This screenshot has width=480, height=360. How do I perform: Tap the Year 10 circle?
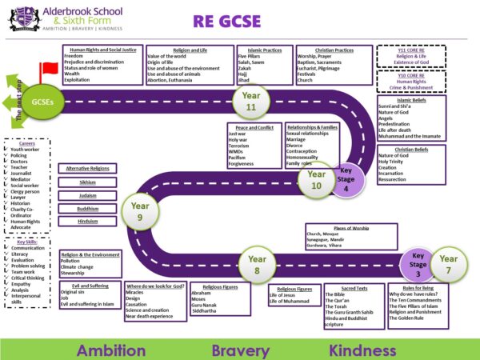tap(316, 179)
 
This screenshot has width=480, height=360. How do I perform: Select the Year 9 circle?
tap(135, 210)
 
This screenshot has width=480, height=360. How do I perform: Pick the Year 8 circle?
tap(257, 264)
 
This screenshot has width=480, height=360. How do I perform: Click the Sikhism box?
tap(87, 182)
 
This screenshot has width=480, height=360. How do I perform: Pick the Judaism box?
tap(87, 194)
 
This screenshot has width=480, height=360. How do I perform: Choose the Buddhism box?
tap(87, 208)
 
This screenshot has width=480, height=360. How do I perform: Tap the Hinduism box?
tap(87, 221)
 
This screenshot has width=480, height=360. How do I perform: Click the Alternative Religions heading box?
tap(88, 169)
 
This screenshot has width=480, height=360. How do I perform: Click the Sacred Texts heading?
tap(350, 287)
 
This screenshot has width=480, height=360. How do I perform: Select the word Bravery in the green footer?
tap(240, 349)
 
